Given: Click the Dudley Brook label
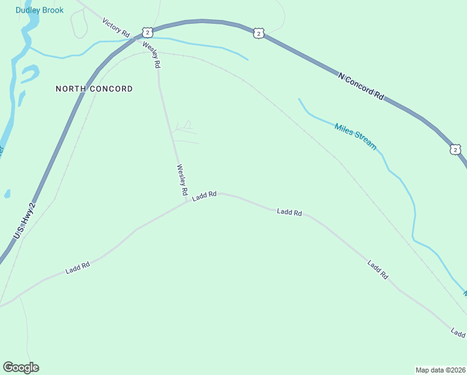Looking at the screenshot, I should (39, 10).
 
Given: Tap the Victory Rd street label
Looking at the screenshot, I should (116, 27).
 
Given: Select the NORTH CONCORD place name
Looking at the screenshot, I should (94, 89).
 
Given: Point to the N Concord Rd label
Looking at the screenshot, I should (361, 86).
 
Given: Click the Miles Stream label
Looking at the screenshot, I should (355, 136).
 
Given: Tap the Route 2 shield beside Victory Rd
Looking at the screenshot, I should (147, 32).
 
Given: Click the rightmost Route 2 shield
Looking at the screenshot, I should (455, 149).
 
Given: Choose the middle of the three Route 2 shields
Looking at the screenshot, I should (258, 33).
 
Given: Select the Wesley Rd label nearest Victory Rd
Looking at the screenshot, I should (152, 55).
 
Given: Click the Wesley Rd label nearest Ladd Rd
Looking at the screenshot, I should (182, 181).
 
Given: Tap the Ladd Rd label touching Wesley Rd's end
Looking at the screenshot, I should (204, 196).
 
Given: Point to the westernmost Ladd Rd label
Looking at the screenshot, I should (77, 268).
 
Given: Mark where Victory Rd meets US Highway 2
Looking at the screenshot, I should (134, 38).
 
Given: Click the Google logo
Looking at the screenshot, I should (21, 367).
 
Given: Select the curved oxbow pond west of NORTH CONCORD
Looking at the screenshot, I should (29, 74).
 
